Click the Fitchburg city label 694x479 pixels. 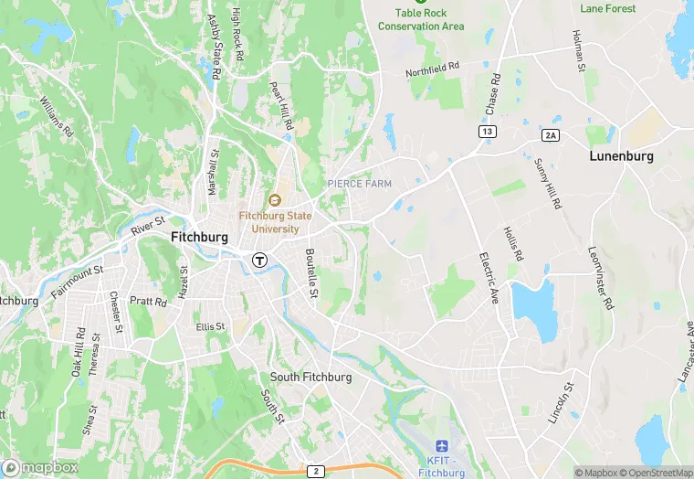point(199,236)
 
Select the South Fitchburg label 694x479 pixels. point(310,377)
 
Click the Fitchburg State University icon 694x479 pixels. point(274,200)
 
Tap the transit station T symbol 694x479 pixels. point(260,260)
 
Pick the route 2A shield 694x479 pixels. point(550,135)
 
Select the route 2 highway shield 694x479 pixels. point(316,471)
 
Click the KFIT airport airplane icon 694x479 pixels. point(444,446)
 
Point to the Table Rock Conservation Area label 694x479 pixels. point(421,19)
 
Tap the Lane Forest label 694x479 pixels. point(607,8)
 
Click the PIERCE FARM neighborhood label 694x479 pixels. point(360,184)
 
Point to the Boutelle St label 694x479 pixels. point(310,272)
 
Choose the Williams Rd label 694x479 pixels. point(57,114)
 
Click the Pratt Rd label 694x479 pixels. point(148,301)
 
